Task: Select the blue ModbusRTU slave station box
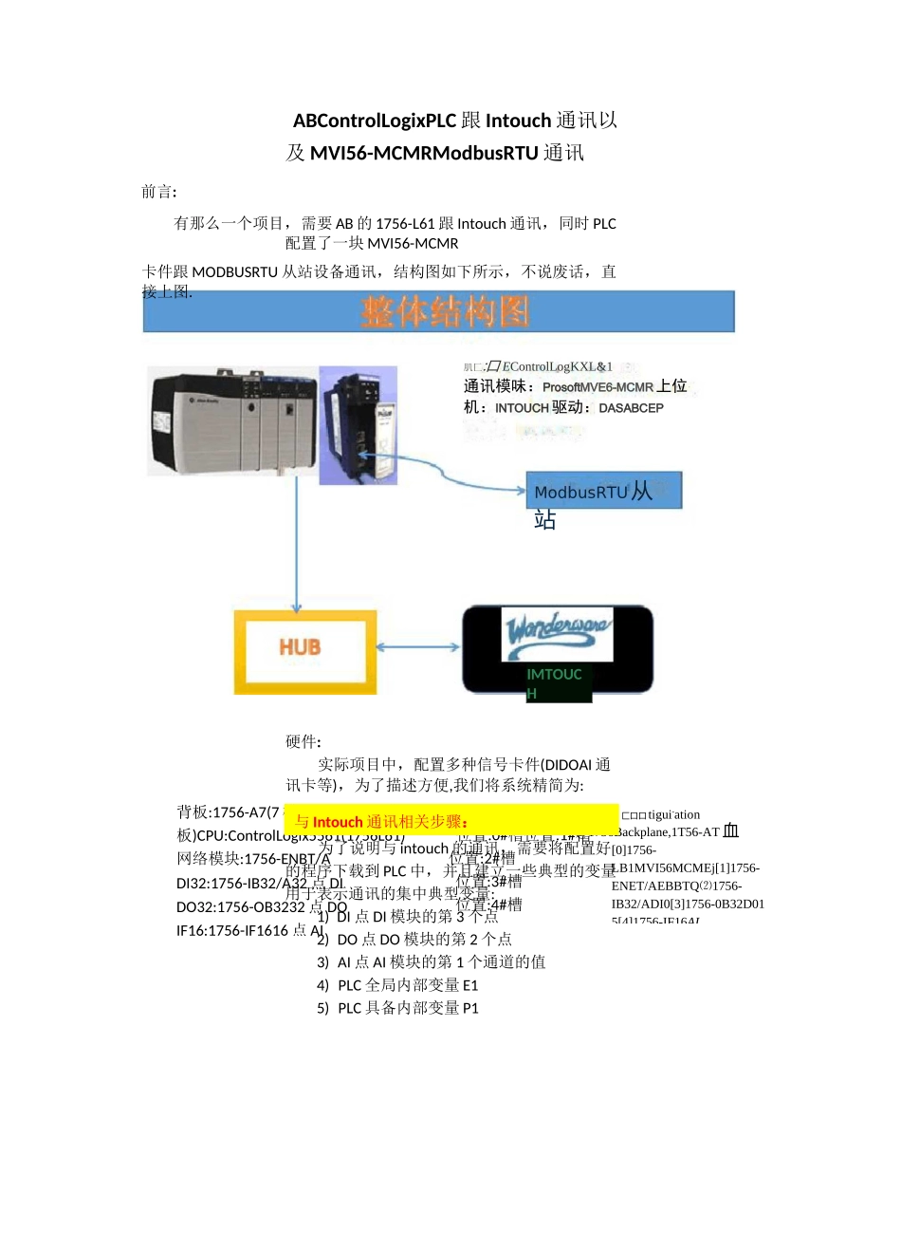[603, 491]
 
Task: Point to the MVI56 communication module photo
[359, 425]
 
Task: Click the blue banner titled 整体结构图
[439, 311]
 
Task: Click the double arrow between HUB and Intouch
[418, 647]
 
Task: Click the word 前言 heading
[158, 192]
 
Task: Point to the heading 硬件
[303, 742]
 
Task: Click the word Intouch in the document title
[518, 121]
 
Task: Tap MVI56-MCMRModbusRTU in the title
[424, 153]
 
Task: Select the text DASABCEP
[631, 408]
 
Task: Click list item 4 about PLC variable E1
[398, 985]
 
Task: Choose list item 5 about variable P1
[398, 1008]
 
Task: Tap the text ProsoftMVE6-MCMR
[598, 387]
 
